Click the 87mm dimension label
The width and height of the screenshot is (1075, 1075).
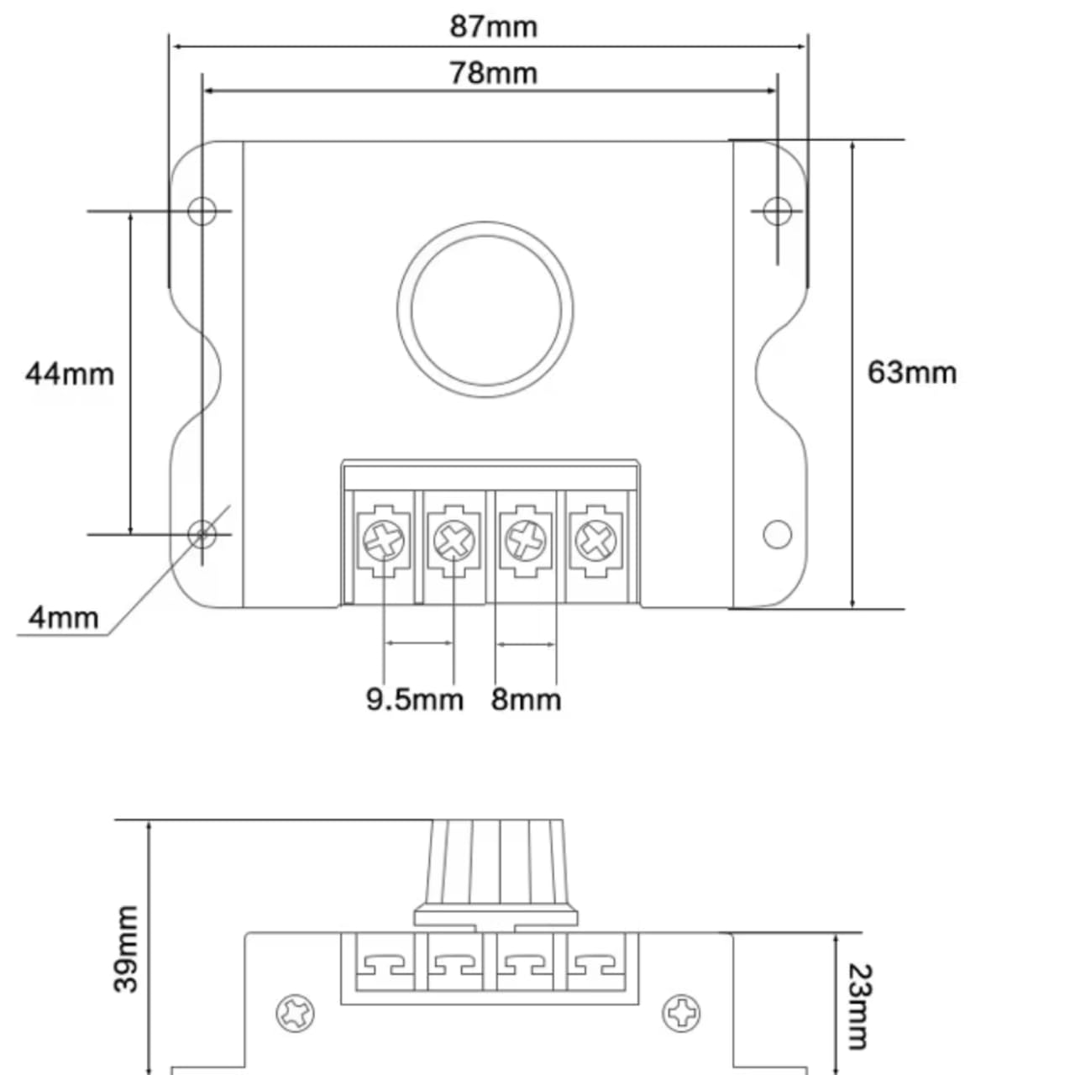493,26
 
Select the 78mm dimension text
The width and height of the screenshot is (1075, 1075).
493,73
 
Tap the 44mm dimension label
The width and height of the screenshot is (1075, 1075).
69,373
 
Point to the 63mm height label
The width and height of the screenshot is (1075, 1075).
911,372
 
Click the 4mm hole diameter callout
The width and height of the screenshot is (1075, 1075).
63,617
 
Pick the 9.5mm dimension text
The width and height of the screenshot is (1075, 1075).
414,699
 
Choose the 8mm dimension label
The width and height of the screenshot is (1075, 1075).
526,699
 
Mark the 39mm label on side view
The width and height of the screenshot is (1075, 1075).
126,948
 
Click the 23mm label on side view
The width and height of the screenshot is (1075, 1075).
858,1006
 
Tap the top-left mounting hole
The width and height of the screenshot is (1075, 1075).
202,210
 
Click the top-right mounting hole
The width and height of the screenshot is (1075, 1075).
777,210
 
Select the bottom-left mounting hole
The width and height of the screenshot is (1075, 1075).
202,533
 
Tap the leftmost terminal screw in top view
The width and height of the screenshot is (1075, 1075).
385,540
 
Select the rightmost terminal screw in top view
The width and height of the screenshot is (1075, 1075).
595,540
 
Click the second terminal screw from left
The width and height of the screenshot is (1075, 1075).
454,540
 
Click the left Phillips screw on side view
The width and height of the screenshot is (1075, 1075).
296,1014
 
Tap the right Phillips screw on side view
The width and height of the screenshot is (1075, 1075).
681,1014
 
